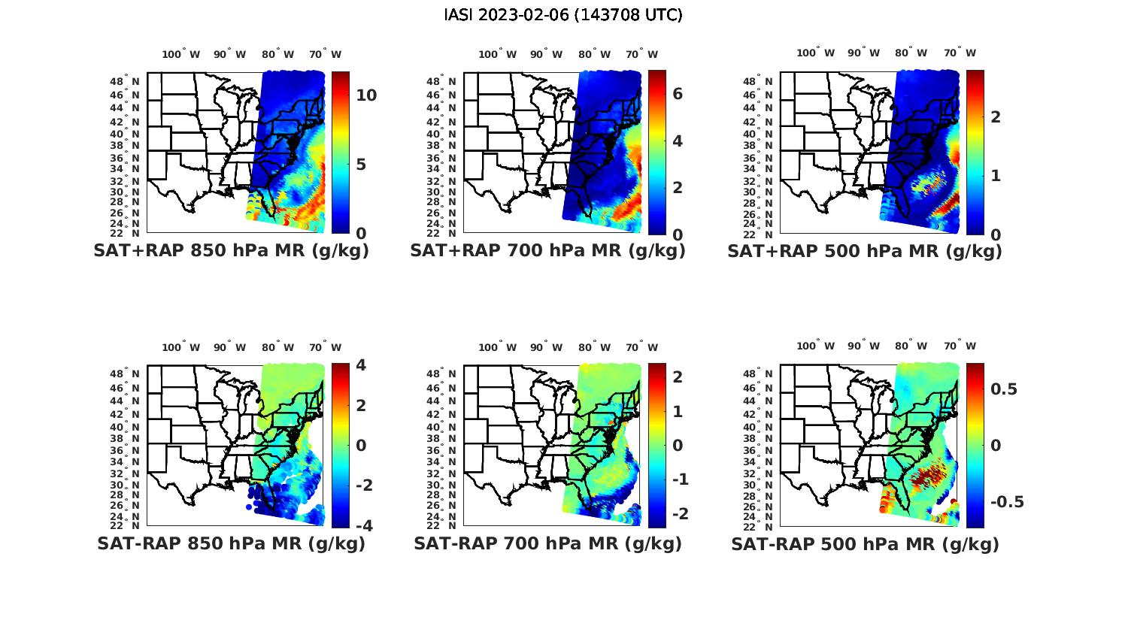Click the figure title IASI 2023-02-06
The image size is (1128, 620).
click(x=563, y=15)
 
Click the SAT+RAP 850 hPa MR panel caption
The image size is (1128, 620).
click(x=231, y=251)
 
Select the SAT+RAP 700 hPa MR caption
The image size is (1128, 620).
click(x=547, y=251)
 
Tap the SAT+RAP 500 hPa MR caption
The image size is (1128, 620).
click(x=864, y=251)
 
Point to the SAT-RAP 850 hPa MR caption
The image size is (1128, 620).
click(x=231, y=543)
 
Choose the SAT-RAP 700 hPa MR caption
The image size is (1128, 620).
click(x=547, y=543)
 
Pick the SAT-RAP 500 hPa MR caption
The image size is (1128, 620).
click(x=865, y=543)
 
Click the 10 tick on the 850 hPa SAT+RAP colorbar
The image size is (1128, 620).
click(x=366, y=95)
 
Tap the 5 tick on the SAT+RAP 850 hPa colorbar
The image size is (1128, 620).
click(x=361, y=165)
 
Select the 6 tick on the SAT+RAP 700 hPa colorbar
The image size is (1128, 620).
click(x=677, y=94)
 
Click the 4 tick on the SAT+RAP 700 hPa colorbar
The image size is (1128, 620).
click(x=677, y=141)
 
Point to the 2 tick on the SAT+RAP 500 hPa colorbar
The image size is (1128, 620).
click(x=996, y=116)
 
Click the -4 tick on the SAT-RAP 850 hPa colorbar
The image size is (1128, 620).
click(x=362, y=525)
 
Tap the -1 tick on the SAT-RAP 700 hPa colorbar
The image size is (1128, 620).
click(x=677, y=479)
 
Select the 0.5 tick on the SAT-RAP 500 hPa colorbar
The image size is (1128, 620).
click(x=1004, y=389)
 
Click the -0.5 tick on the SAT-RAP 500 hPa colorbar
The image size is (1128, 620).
click(x=1007, y=502)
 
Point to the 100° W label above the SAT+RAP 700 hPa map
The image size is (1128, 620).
click(x=497, y=54)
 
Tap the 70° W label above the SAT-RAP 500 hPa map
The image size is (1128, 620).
click(x=960, y=346)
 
